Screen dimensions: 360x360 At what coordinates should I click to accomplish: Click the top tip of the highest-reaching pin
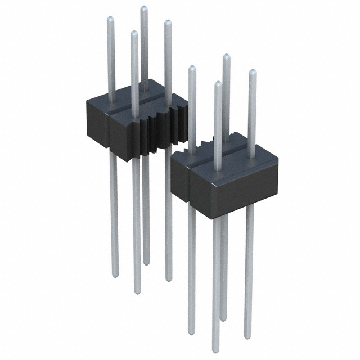(x=143, y=8)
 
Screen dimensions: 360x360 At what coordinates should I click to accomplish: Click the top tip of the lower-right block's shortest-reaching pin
(x=218, y=84)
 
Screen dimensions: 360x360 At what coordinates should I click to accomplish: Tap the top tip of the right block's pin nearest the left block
(x=192, y=68)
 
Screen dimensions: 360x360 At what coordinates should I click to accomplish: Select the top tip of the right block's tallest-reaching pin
(x=226, y=56)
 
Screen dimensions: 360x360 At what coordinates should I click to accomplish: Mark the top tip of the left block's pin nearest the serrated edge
(x=167, y=22)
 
